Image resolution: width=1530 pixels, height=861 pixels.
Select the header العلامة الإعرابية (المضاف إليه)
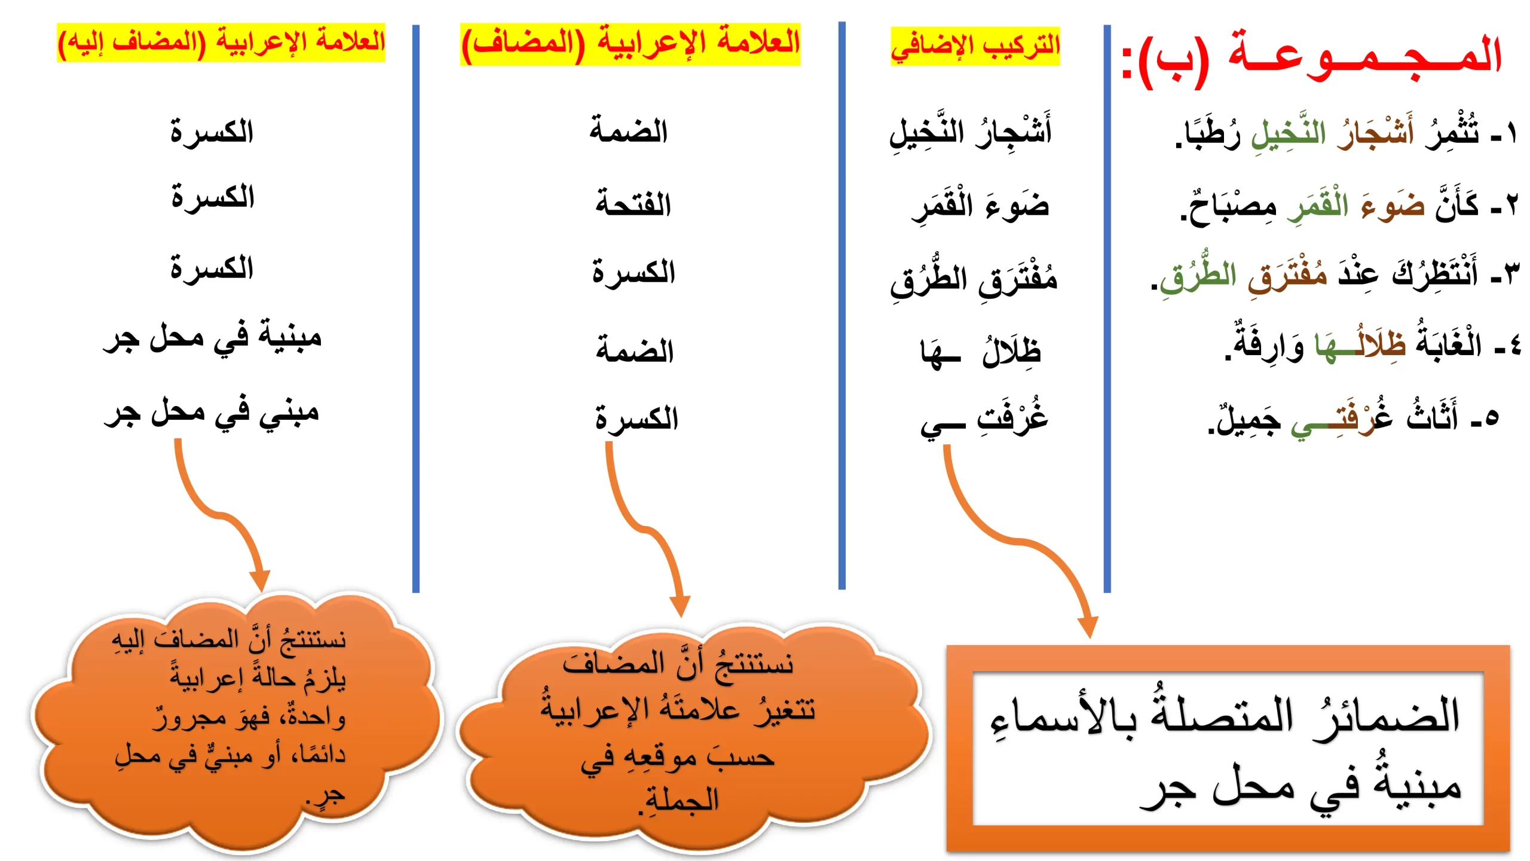221,42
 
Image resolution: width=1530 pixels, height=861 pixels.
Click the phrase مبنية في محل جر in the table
212,338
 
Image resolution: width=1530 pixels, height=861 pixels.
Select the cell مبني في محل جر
212,413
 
